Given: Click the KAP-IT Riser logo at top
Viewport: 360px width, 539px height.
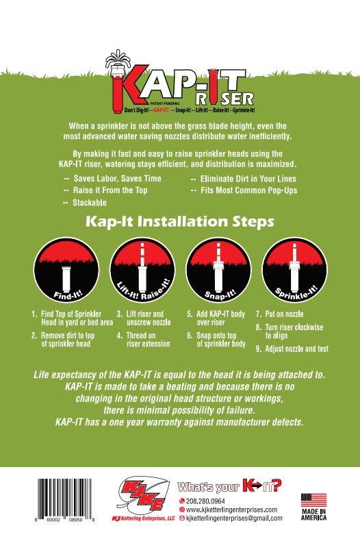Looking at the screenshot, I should tap(179, 86).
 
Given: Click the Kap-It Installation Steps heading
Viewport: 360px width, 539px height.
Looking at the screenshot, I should tap(179, 222).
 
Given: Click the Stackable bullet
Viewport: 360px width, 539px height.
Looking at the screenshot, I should tap(88, 203).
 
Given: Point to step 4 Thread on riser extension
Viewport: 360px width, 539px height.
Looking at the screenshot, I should tap(146, 340).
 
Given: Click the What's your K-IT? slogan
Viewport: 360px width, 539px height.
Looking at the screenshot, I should tap(229, 488).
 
